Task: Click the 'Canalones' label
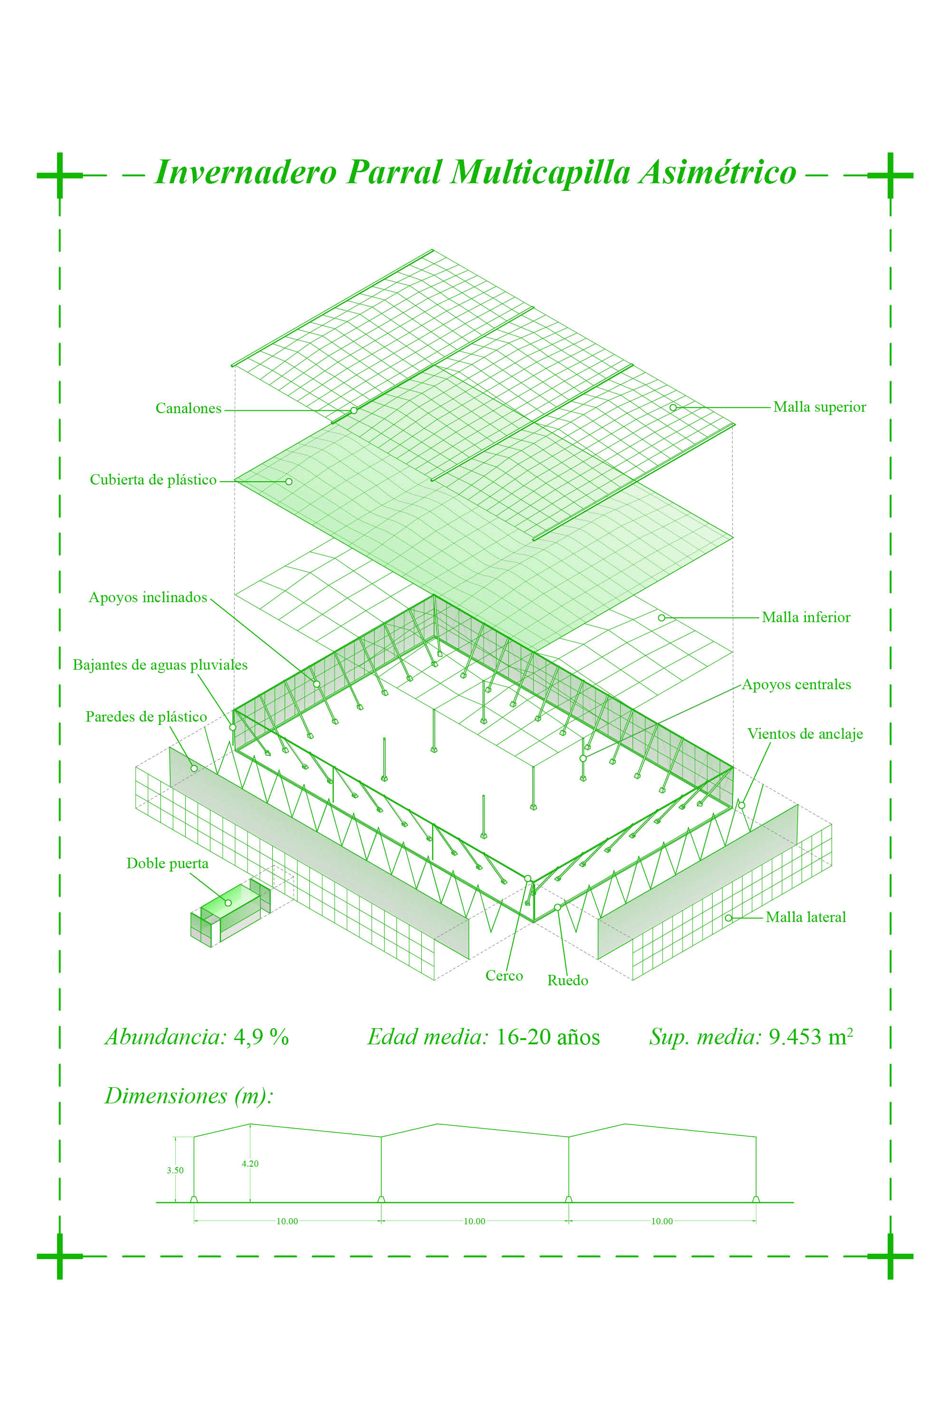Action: click(x=188, y=408)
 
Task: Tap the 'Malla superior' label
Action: click(x=819, y=407)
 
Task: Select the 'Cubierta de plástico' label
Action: click(x=153, y=480)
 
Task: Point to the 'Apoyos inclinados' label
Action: click(x=148, y=597)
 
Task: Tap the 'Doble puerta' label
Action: click(x=167, y=863)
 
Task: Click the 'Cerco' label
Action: click(x=504, y=976)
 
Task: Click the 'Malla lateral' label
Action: click(x=806, y=917)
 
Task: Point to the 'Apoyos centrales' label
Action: click(x=796, y=684)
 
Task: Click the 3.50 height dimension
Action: click(x=175, y=1170)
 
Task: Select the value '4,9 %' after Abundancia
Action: click(x=261, y=1037)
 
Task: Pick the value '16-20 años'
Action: click(x=548, y=1037)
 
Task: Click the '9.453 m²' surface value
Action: click(x=811, y=1037)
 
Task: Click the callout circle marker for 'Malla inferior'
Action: click(x=661, y=617)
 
